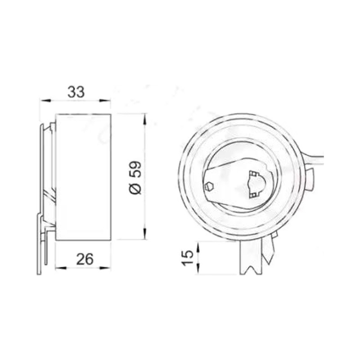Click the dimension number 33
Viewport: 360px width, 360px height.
[76, 92]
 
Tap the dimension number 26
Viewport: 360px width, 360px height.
[85, 259]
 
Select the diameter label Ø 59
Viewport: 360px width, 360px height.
[135, 177]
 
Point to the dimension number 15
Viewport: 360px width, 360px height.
[188, 258]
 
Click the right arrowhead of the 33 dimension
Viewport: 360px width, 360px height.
[105, 100]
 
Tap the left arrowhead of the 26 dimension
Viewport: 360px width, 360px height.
[61, 268]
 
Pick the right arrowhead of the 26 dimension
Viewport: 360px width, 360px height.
[105, 268]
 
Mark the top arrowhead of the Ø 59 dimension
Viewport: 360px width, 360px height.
[144, 119]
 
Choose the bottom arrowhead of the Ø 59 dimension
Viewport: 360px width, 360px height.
[144, 234]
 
